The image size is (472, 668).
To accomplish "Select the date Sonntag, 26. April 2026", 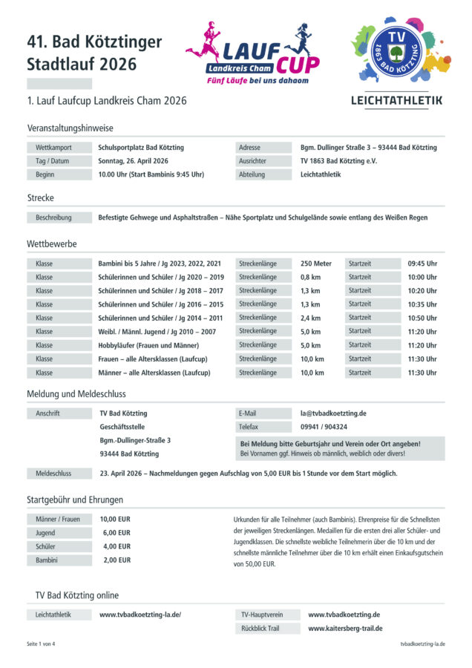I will click(133, 161).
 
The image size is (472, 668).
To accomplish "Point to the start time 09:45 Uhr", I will click(422, 263).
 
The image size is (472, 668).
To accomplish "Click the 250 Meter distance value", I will click(316, 263).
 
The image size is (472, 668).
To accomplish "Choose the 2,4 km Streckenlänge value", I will click(310, 318).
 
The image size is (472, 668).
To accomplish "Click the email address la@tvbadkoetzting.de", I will click(333, 413).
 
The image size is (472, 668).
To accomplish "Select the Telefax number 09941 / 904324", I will click(324, 427).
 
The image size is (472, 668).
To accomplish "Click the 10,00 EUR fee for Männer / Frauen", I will click(115, 519).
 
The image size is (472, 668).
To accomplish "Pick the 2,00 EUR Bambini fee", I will click(117, 560).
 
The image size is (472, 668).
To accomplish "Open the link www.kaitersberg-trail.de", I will click(345, 629).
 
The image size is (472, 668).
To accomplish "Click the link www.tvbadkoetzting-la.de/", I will click(140, 615).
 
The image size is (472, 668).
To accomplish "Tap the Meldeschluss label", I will click(53, 473).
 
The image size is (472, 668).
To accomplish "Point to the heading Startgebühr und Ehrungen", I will click(75, 500).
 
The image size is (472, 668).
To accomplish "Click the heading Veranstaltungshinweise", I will click(70, 128).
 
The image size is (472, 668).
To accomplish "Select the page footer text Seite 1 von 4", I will click(41, 644).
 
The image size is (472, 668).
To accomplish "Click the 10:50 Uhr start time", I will click(422, 318).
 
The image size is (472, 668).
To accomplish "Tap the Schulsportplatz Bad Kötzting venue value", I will click(141, 148).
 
